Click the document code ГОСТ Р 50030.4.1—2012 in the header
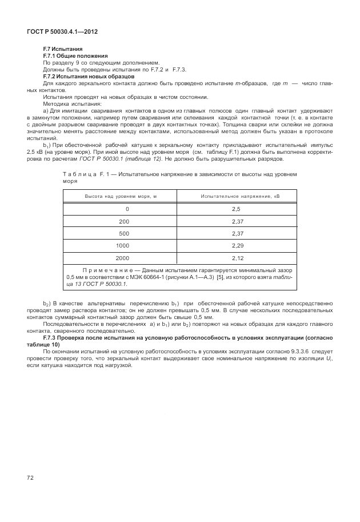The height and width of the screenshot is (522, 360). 62,31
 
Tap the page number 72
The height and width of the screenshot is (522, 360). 30,477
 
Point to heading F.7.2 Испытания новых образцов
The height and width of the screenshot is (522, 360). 89,76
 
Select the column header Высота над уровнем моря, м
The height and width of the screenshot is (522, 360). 121,196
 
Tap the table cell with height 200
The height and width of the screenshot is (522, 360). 121,221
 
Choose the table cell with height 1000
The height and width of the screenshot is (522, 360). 121,245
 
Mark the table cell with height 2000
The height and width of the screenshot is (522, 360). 121,258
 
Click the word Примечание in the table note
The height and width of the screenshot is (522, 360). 106,270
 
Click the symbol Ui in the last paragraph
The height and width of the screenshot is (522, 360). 330,358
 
